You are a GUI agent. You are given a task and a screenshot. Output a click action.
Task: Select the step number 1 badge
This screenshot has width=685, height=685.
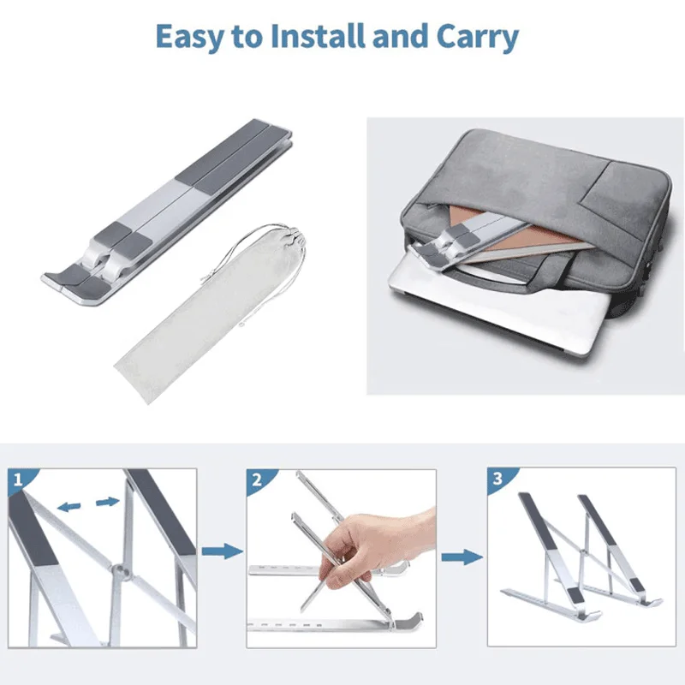click(x=18, y=480)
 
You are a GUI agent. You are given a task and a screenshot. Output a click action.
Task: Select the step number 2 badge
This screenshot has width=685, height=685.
click(x=257, y=480)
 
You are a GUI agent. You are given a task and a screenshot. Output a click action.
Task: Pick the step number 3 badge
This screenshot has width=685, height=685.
click(x=498, y=479)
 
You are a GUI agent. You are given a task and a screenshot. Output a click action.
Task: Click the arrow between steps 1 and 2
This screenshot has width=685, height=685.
click(x=223, y=551)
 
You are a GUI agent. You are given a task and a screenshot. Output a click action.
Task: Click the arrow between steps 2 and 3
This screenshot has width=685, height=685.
click(x=462, y=557)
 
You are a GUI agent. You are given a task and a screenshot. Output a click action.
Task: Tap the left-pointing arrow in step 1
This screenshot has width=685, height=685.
click(x=69, y=507)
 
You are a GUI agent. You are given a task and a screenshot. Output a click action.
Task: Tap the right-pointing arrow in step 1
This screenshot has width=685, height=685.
click(x=108, y=502)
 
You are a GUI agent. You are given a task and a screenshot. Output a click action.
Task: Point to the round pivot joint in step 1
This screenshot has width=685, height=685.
click(x=118, y=570)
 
